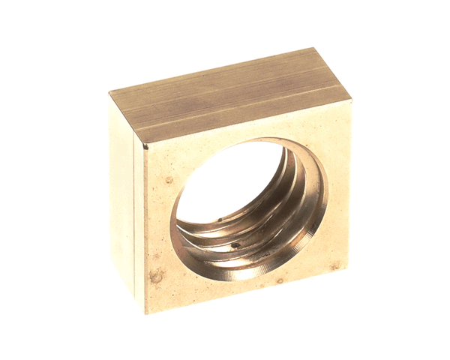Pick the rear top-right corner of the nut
(x=315, y=49)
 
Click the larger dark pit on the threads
(x=235, y=244)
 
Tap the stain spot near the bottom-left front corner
(x=157, y=276)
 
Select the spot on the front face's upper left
(x=169, y=180)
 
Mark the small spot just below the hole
(x=279, y=281)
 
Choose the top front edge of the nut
(x=247, y=122)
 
